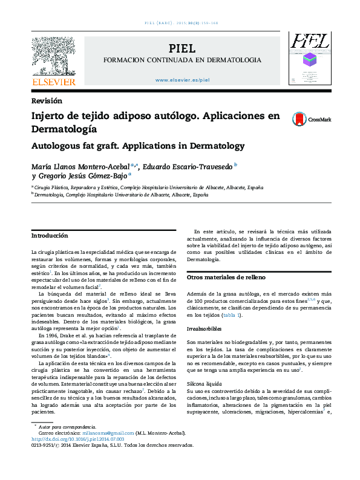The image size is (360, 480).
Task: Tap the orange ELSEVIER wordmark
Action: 54,82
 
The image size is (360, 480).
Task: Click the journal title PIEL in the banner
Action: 182,48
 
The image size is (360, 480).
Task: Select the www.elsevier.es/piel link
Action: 182,80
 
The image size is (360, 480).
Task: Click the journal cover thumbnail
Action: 309,57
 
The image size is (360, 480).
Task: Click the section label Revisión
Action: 46,101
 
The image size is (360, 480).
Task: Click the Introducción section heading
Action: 50,235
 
